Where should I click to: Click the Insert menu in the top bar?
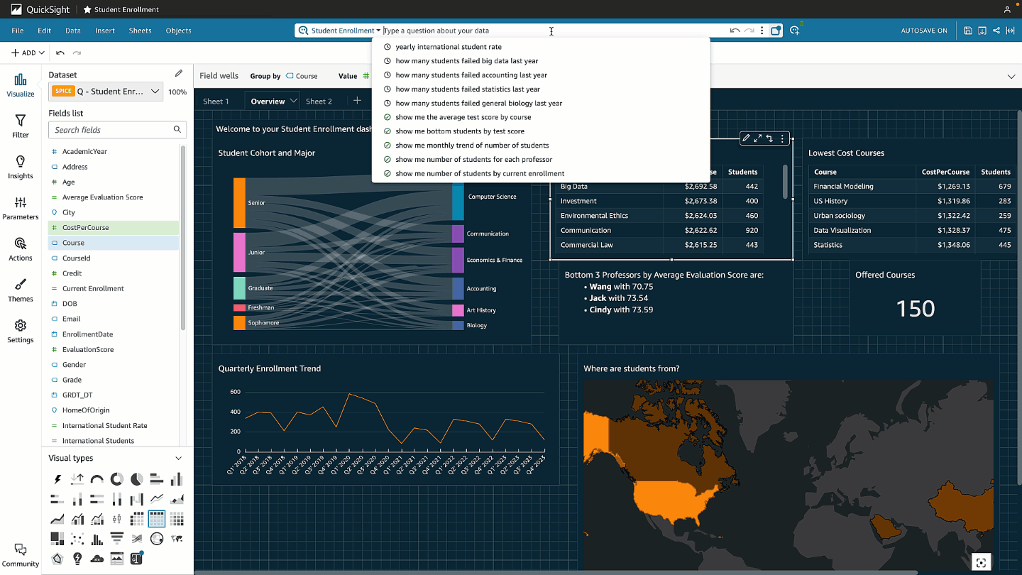pyautogui.click(x=105, y=31)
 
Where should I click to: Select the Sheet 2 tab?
pyautogui.click(x=319, y=102)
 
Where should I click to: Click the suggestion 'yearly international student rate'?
pyautogui.click(x=449, y=47)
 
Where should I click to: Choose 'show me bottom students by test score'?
pyautogui.click(x=460, y=131)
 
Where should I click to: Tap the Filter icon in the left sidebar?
pyautogui.click(x=21, y=126)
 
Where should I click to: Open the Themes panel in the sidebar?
pyautogui.click(x=21, y=290)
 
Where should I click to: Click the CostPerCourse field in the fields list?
pyautogui.click(x=85, y=228)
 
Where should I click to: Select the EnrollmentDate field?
pyautogui.click(x=88, y=334)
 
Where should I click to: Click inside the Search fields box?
pyautogui.click(x=110, y=130)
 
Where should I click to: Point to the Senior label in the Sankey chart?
pyautogui.click(x=256, y=203)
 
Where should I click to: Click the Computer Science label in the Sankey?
pyautogui.click(x=492, y=197)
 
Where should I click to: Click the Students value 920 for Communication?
pyautogui.click(x=752, y=230)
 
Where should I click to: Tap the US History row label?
pyautogui.click(x=830, y=201)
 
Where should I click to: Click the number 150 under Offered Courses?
pyautogui.click(x=915, y=309)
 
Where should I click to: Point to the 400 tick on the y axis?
pyautogui.click(x=235, y=412)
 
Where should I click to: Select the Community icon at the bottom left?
pyautogui.click(x=21, y=554)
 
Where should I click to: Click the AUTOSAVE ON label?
pyautogui.click(x=923, y=31)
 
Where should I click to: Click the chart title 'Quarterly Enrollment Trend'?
pyautogui.click(x=270, y=368)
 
